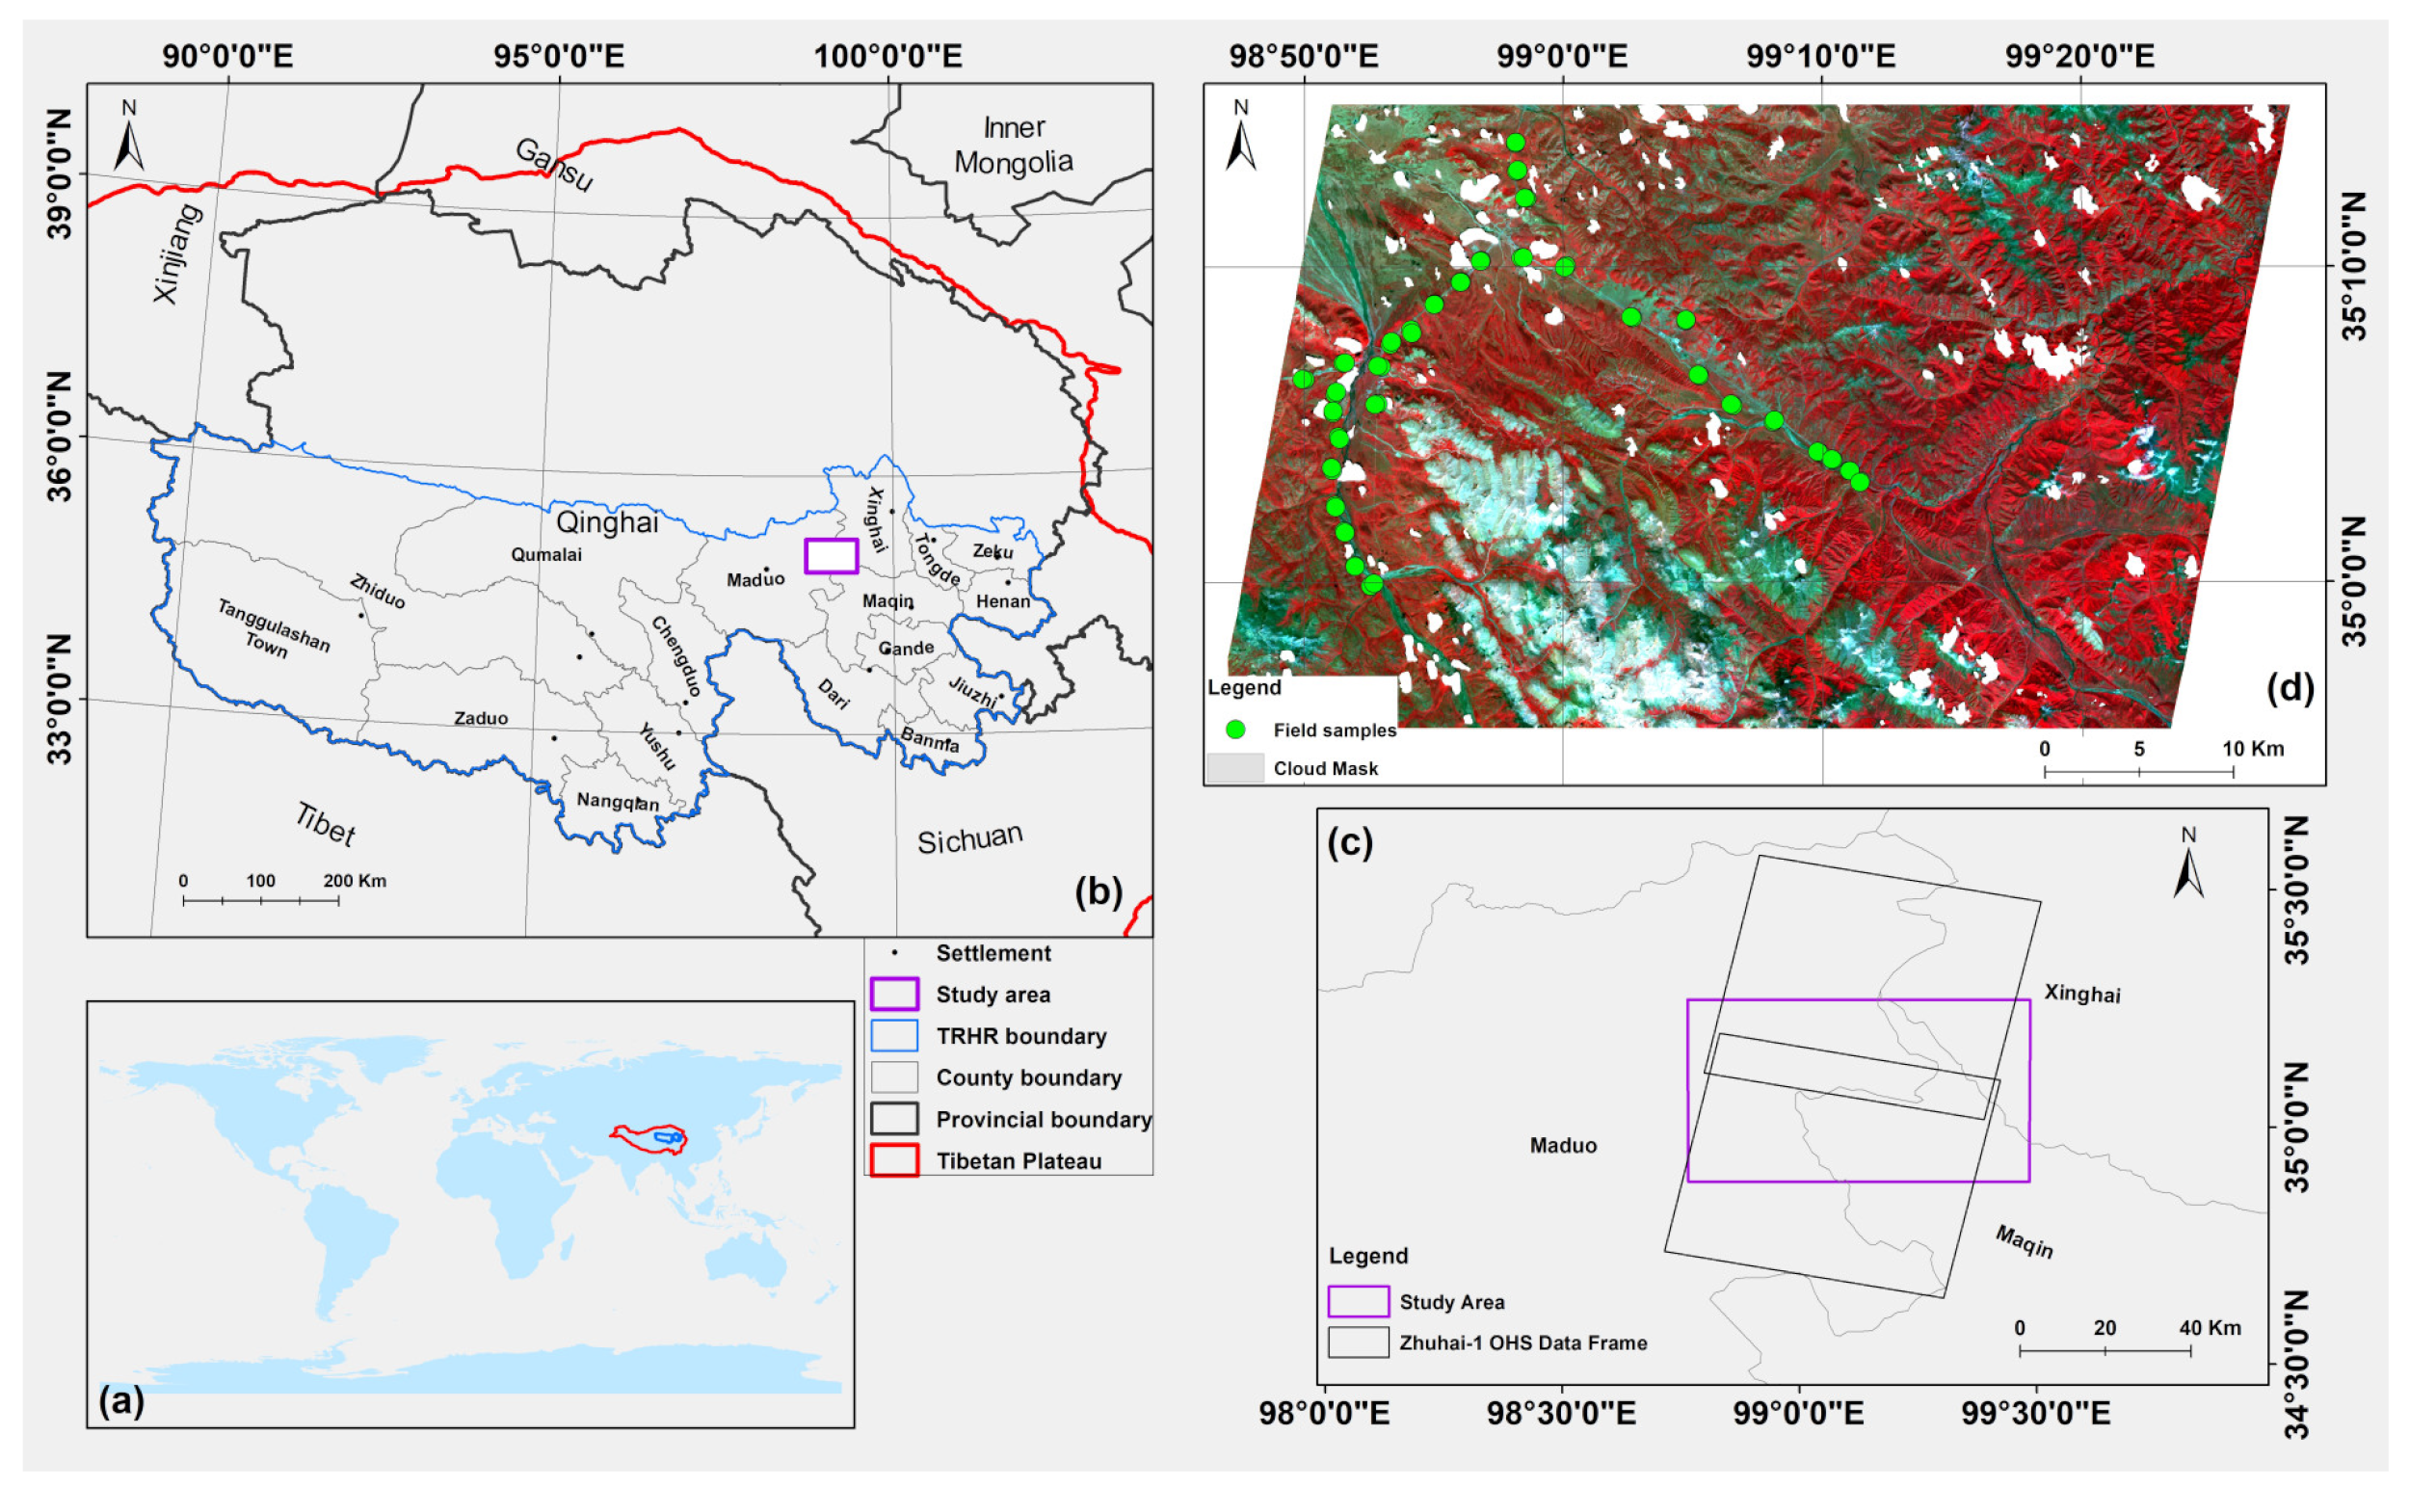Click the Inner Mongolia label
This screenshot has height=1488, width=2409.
tap(1013, 145)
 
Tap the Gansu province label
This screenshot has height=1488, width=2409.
tap(554, 165)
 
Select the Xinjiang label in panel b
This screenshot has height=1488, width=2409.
tap(178, 252)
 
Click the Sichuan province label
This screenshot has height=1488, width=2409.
tap(969, 838)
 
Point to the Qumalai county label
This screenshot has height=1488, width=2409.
tap(546, 555)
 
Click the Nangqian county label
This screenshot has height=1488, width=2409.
tap(617, 802)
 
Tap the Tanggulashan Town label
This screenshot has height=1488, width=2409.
tap(272, 629)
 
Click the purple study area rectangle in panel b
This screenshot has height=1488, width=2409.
tap(831, 556)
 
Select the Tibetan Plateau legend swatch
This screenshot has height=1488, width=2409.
tap(893, 1160)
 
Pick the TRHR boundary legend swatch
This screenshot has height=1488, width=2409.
tap(893, 1035)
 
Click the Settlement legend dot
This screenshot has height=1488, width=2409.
tap(893, 952)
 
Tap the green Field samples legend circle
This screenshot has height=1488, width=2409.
tap(1235, 730)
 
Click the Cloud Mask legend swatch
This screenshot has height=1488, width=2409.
tap(1235, 768)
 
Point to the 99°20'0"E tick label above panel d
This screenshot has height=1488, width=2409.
tap(2079, 56)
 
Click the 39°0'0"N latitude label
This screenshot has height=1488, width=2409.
tap(59, 174)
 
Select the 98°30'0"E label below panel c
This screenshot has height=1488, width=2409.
tap(1561, 1413)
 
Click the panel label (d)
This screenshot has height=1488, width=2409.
tap(2289, 687)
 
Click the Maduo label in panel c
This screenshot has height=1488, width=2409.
tap(1563, 1146)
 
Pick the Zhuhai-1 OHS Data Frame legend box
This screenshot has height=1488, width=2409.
tap(1358, 1342)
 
